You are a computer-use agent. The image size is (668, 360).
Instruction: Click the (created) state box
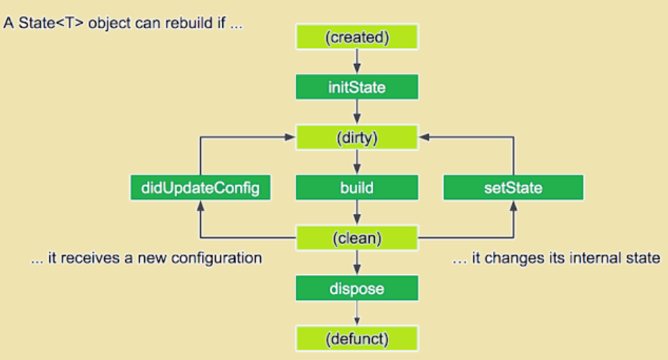[x=357, y=37]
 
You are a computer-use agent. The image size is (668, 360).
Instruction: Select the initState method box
[x=357, y=87]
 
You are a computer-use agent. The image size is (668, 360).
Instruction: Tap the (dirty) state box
[x=357, y=138]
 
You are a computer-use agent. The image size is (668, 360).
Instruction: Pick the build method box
[x=357, y=188]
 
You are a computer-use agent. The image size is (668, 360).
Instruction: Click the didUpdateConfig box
[x=200, y=188]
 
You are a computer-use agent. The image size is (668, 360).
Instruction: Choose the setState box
[x=513, y=188]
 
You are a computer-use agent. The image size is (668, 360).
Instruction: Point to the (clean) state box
[x=357, y=238]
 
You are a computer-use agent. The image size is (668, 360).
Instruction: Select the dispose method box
[x=357, y=288]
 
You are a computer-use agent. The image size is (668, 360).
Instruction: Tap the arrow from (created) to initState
[x=357, y=63]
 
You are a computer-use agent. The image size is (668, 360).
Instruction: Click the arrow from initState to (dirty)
[x=357, y=112]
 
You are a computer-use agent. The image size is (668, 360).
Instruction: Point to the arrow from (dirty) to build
[x=357, y=163]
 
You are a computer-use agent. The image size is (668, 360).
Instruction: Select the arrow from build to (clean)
[x=357, y=213]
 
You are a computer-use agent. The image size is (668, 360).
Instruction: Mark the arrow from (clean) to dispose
[x=357, y=263]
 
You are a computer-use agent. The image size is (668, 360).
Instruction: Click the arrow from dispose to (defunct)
[x=357, y=313]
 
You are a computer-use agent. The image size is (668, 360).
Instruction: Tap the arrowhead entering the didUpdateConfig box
[x=200, y=205]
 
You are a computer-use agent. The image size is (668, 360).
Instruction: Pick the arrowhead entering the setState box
[x=513, y=205]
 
